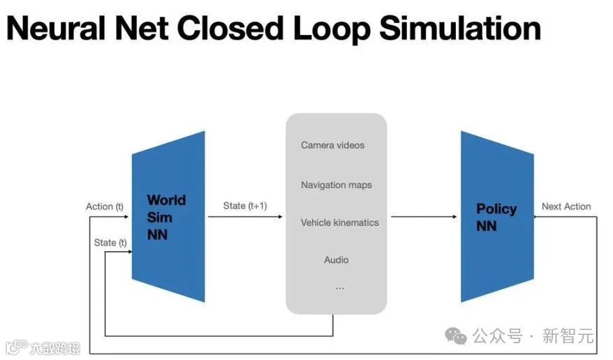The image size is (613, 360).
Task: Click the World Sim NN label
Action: pyautogui.click(x=166, y=217)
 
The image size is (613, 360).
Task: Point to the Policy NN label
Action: pyautogui.click(x=496, y=217)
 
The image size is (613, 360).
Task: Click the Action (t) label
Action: pyautogui.click(x=105, y=207)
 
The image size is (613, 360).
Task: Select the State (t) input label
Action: pyautogui.click(x=110, y=242)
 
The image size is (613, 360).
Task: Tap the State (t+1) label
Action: pyautogui.click(x=244, y=206)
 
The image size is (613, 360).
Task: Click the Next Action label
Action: pyautogui.click(x=566, y=207)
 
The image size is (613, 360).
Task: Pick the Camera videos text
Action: pyautogui.click(x=332, y=145)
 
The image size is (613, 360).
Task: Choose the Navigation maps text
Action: pyautogui.click(x=336, y=185)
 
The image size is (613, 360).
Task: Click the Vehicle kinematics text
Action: pyautogui.click(x=339, y=223)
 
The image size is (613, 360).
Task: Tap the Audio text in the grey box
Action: pyautogui.click(x=336, y=260)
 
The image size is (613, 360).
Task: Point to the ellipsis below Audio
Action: pyautogui.click(x=339, y=287)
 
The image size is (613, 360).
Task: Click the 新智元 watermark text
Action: pyautogui.click(x=568, y=336)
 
